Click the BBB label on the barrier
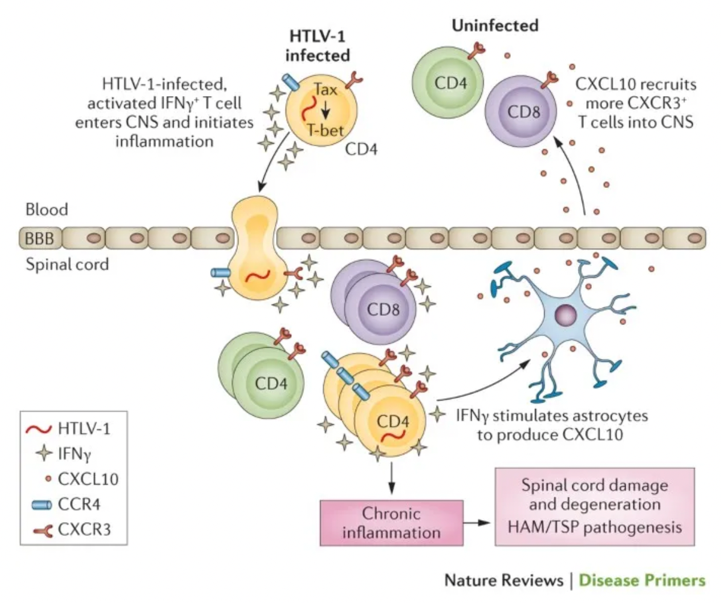click(x=39, y=238)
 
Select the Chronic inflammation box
click(x=391, y=523)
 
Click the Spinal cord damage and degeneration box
click(x=595, y=506)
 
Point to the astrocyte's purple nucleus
click(x=566, y=315)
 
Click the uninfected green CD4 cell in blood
click(x=447, y=83)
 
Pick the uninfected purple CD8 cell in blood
click(x=521, y=111)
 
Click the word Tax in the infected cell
click(x=325, y=89)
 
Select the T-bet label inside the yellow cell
click(x=325, y=130)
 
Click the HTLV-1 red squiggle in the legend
click(x=39, y=429)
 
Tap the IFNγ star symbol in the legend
click(x=44, y=454)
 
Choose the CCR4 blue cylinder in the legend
click(x=42, y=505)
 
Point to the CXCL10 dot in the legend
click(x=48, y=479)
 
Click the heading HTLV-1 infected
click(x=318, y=45)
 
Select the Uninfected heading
click(x=495, y=25)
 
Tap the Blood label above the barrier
click(x=47, y=210)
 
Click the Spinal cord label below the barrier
click(x=67, y=265)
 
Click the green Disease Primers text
click(x=642, y=580)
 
